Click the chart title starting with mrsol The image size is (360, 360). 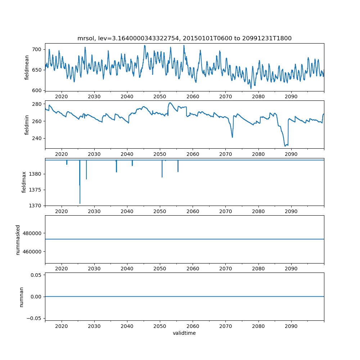tap(184, 38)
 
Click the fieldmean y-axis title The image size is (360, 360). tap(27, 67)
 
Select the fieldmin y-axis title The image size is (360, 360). tap(27, 125)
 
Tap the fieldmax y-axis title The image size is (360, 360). tap(24, 182)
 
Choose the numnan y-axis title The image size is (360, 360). tap(21, 297)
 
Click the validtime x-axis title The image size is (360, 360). tap(184, 333)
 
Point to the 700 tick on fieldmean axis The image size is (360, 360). tap(37, 49)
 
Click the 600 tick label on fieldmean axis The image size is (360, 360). tap(37, 90)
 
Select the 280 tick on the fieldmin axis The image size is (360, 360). tap(37, 104)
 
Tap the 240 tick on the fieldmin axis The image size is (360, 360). tap(37, 138)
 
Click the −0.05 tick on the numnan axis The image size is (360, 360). tap(35, 318)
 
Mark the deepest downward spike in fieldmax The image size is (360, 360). tap(80, 203)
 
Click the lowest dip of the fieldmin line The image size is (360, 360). tap(285, 146)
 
